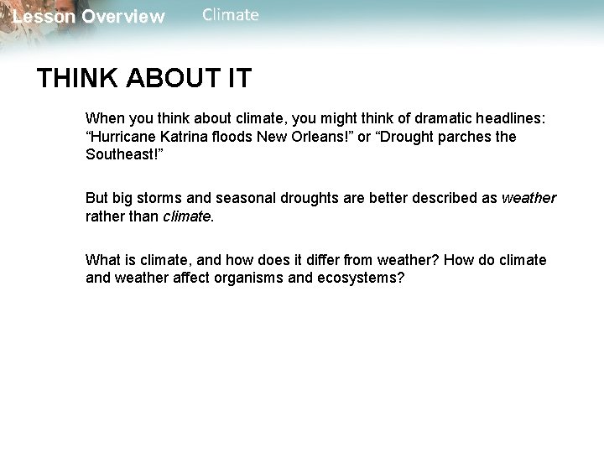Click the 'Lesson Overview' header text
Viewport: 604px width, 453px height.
click(x=89, y=17)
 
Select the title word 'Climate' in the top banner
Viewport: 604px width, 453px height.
click(x=231, y=15)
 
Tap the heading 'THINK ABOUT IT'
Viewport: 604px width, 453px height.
click(x=143, y=79)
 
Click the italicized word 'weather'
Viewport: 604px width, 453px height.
click(x=528, y=198)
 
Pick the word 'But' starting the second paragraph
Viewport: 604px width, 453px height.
click(x=98, y=198)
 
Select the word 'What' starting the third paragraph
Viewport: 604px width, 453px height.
click(x=102, y=260)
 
